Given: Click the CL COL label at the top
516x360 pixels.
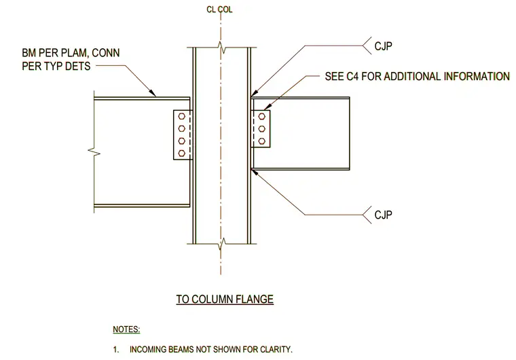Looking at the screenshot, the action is click(x=219, y=10).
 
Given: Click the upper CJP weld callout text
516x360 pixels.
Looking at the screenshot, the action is click(x=383, y=46).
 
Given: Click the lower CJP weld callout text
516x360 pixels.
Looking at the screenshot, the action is click(x=383, y=215).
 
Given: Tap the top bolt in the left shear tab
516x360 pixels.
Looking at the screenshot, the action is click(x=181, y=116).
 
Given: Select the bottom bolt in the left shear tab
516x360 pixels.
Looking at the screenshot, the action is click(x=181, y=153).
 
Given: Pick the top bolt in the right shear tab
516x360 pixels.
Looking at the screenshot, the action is click(x=261, y=116).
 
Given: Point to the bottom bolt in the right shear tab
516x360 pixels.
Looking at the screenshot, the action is click(x=261, y=141).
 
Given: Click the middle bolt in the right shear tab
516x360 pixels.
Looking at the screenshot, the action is click(x=261, y=128).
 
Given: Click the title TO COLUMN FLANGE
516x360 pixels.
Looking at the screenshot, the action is click(x=225, y=299).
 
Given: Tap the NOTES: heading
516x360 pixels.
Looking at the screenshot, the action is click(x=126, y=329).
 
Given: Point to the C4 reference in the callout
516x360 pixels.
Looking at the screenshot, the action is click(x=352, y=76).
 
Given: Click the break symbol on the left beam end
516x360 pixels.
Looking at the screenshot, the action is click(x=94, y=152).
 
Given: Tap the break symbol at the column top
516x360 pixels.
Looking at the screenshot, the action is click(x=222, y=48).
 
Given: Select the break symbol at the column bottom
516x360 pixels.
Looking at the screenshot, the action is click(x=222, y=244).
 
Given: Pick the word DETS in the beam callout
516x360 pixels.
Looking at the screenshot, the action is click(x=78, y=66).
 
